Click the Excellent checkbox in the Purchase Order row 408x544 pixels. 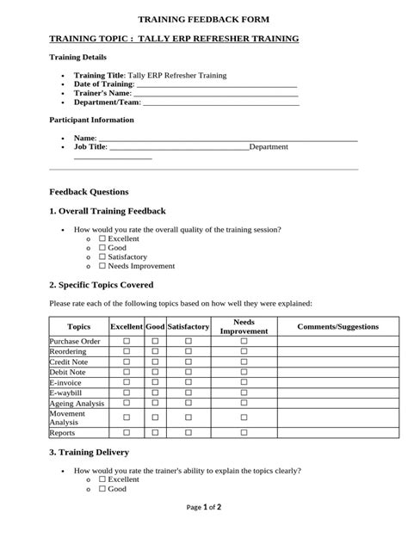coord(127,342)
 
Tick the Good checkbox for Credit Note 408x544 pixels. coord(156,362)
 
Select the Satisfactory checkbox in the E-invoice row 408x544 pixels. coord(189,382)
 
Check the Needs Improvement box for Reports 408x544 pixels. coord(244,433)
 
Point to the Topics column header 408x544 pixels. coord(78,327)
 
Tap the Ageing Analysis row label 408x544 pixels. coord(77,403)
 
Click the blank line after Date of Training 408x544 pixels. coord(217,84)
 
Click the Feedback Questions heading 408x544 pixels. coord(89,192)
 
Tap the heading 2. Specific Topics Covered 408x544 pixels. coord(102,284)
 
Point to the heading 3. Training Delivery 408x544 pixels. coord(90,452)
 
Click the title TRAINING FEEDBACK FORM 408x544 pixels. coord(204,19)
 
